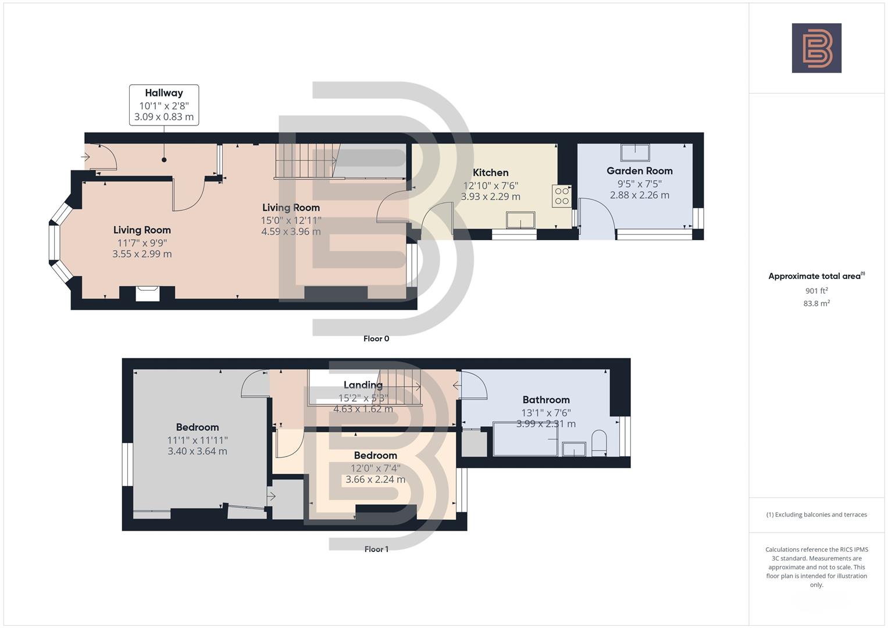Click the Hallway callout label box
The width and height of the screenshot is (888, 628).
pyautogui.click(x=163, y=105)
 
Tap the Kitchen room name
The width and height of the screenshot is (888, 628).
pyautogui.click(x=490, y=173)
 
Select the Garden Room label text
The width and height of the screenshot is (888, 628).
pyautogui.click(x=639, y=171)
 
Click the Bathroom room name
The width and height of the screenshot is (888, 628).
pyautogui.click(x=545, y=400)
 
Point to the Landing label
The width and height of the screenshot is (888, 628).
pyautogui.click(x=363, y=385)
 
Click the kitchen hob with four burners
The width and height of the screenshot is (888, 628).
pyautogui.click(x=562, y=196)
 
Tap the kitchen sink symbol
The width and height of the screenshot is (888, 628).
pyautogui.click(x=520, y=220)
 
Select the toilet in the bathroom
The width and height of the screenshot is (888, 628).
pyautogui.click(x=598, y=443)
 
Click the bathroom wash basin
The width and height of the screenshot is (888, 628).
pyautogui.click(x=574, y=449)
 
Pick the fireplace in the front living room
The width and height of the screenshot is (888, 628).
pyautogui.click(x=147, y=293)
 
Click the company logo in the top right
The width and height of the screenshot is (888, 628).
pyautogui.click(x=816, y=48)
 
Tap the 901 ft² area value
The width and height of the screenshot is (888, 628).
pyautogui.click(x=816, y=291)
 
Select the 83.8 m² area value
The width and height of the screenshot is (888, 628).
pyautogui.click(x=816, y=304)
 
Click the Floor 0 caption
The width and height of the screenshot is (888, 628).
pyautogui.click(x=376, y=339)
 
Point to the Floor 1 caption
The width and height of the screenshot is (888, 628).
pyautogui.click(x=376, y=549)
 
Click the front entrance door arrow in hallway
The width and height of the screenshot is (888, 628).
pyautogui.click(x=85, y=156)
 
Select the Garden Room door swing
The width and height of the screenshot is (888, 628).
pyautogui.click(x=597, y=218)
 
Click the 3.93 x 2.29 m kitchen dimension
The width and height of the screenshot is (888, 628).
pyautogui.click(x=490, y=197)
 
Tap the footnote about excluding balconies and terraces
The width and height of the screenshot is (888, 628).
pyautogui.click(x=816, y=515)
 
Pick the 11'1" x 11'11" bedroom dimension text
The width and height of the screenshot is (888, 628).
pyautogui.click(x=197, y=441)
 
